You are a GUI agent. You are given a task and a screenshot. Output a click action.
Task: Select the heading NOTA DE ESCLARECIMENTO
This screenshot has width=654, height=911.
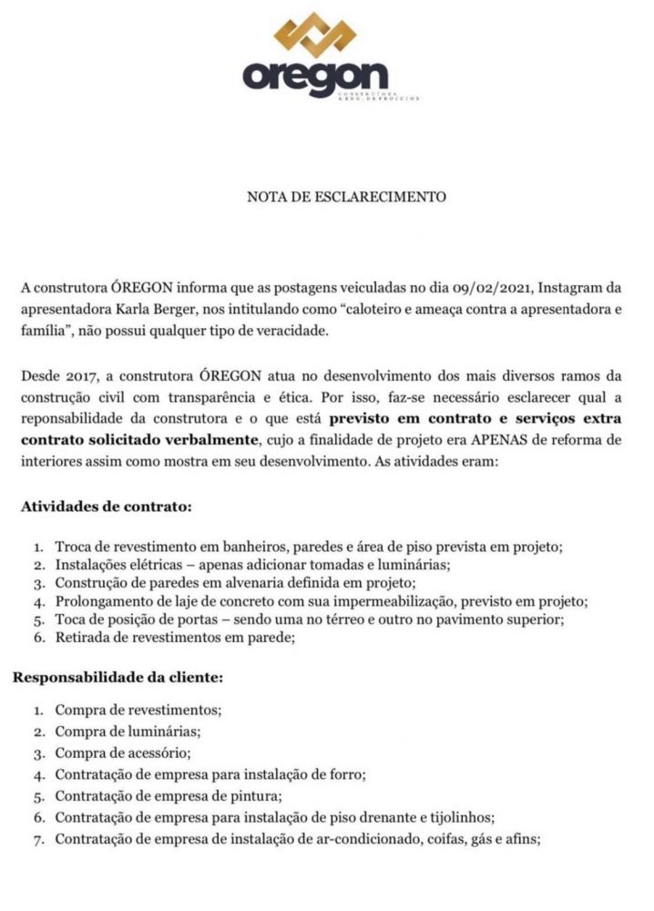(x=347, y=196)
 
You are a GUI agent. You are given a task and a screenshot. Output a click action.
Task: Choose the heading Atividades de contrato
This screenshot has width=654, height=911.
(x=107, y=506)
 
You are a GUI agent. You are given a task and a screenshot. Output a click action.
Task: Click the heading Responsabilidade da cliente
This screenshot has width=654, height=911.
(x=117, y=677)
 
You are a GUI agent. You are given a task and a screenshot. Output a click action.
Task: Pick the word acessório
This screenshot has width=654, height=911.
(x=155, y=752)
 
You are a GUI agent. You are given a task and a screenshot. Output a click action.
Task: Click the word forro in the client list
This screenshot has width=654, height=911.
(x=346, y=774)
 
